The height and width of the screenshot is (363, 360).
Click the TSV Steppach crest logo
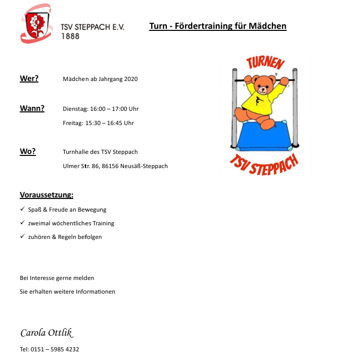pos(36,23)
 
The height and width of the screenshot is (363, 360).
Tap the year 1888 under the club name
pos(70,36)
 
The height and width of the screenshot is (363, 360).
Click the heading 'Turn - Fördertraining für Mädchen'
pos(218,26)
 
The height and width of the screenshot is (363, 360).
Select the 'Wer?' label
pos(29,78)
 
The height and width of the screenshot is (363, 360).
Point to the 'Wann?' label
pos(32,108)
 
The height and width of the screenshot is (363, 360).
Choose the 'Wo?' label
pos(28,151)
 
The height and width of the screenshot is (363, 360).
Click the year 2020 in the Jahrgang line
pos(130,79)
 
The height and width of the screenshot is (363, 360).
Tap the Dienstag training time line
pos(101,109)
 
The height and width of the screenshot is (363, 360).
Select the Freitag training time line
pos(98,123)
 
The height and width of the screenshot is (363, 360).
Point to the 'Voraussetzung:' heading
pos(47,195)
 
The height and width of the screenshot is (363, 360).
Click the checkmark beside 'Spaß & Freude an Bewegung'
pos(22,209)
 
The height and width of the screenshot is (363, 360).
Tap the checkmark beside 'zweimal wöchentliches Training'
pos(22,223)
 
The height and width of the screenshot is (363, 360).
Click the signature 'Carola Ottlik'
pos(47,333)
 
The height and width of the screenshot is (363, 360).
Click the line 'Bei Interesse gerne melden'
pos(57,278)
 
